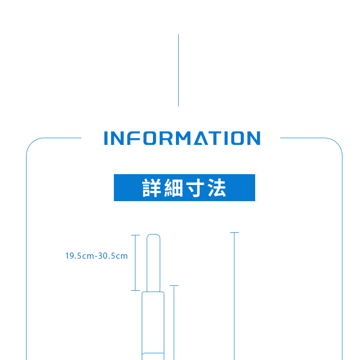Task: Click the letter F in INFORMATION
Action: click(x=134, y=138)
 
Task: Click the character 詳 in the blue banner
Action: click(x=152, y=188)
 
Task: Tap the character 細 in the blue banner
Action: click(x=174, y=188)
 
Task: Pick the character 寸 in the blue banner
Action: click(x=195, y=188)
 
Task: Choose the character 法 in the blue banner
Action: click(x=217, y=188)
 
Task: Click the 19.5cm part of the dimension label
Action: click(x=79, y=256)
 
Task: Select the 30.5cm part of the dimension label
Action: click(x=113, y=256)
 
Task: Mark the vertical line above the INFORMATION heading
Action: click(x=178, y=70)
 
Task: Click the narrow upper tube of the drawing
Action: click(x=153, y=263)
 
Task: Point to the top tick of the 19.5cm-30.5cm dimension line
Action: click(x=135, y=235)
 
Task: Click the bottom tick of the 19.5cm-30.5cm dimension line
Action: click(x=135, y=290)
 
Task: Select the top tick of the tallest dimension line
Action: click(x=234, y=233)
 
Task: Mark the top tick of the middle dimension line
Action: click(x=174, y=285)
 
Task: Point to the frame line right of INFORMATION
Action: click(x=301, y=138)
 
